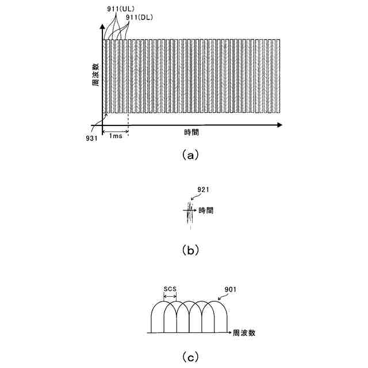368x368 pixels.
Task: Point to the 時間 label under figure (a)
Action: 191,132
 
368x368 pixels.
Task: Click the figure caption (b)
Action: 190,250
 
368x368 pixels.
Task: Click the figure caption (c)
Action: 189,356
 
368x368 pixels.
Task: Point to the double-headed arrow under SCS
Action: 171,297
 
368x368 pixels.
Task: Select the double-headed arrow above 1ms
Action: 115,132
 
